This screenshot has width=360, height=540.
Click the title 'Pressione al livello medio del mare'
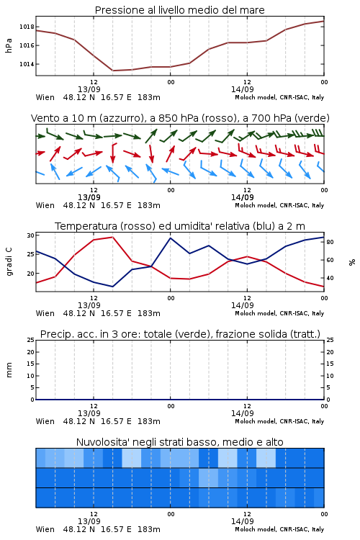pyautogui.click(x=179, y=10)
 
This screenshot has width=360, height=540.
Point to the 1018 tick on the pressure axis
pyautogui.click(x=27, y=27)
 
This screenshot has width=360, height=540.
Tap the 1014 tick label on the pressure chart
pyautogui.click(x=27, y=64)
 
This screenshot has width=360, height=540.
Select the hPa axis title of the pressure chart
pyautogui.click(x=9, y=45)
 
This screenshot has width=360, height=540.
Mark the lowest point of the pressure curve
pyautogui.click(x=112, y=71)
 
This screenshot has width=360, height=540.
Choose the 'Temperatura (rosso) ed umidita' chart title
pyautogui.click(x=180, y=226)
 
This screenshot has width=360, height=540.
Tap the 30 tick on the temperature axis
pyautogui.click(x=31, y=235)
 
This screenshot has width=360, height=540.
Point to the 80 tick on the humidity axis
pyautogui.click(x=330, y=242)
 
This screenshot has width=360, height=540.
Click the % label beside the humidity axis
pyautogui.click(x=352, y=262)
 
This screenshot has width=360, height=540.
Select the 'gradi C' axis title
pyautogui.click(x=9, y=261)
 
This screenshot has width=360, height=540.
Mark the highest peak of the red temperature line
pyautogui.click(x=112, y=237)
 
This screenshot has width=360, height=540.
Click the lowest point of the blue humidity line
pyautogui.click(x=112, y=287)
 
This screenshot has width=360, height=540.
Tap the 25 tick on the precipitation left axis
pyautogui.click(x=31, y=340)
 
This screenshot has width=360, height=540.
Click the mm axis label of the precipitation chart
pyautogui.click(x=9, y=370)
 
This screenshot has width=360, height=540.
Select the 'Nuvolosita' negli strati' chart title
pyautogui.click(x=179, y=442)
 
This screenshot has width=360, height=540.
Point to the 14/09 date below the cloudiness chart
pyautogui.click(x=242, y=521)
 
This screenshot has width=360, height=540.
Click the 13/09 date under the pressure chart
pyautogui.click(x=89, y=89)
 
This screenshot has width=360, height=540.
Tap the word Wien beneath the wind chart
pyautogui.click(x=45, y=205)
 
